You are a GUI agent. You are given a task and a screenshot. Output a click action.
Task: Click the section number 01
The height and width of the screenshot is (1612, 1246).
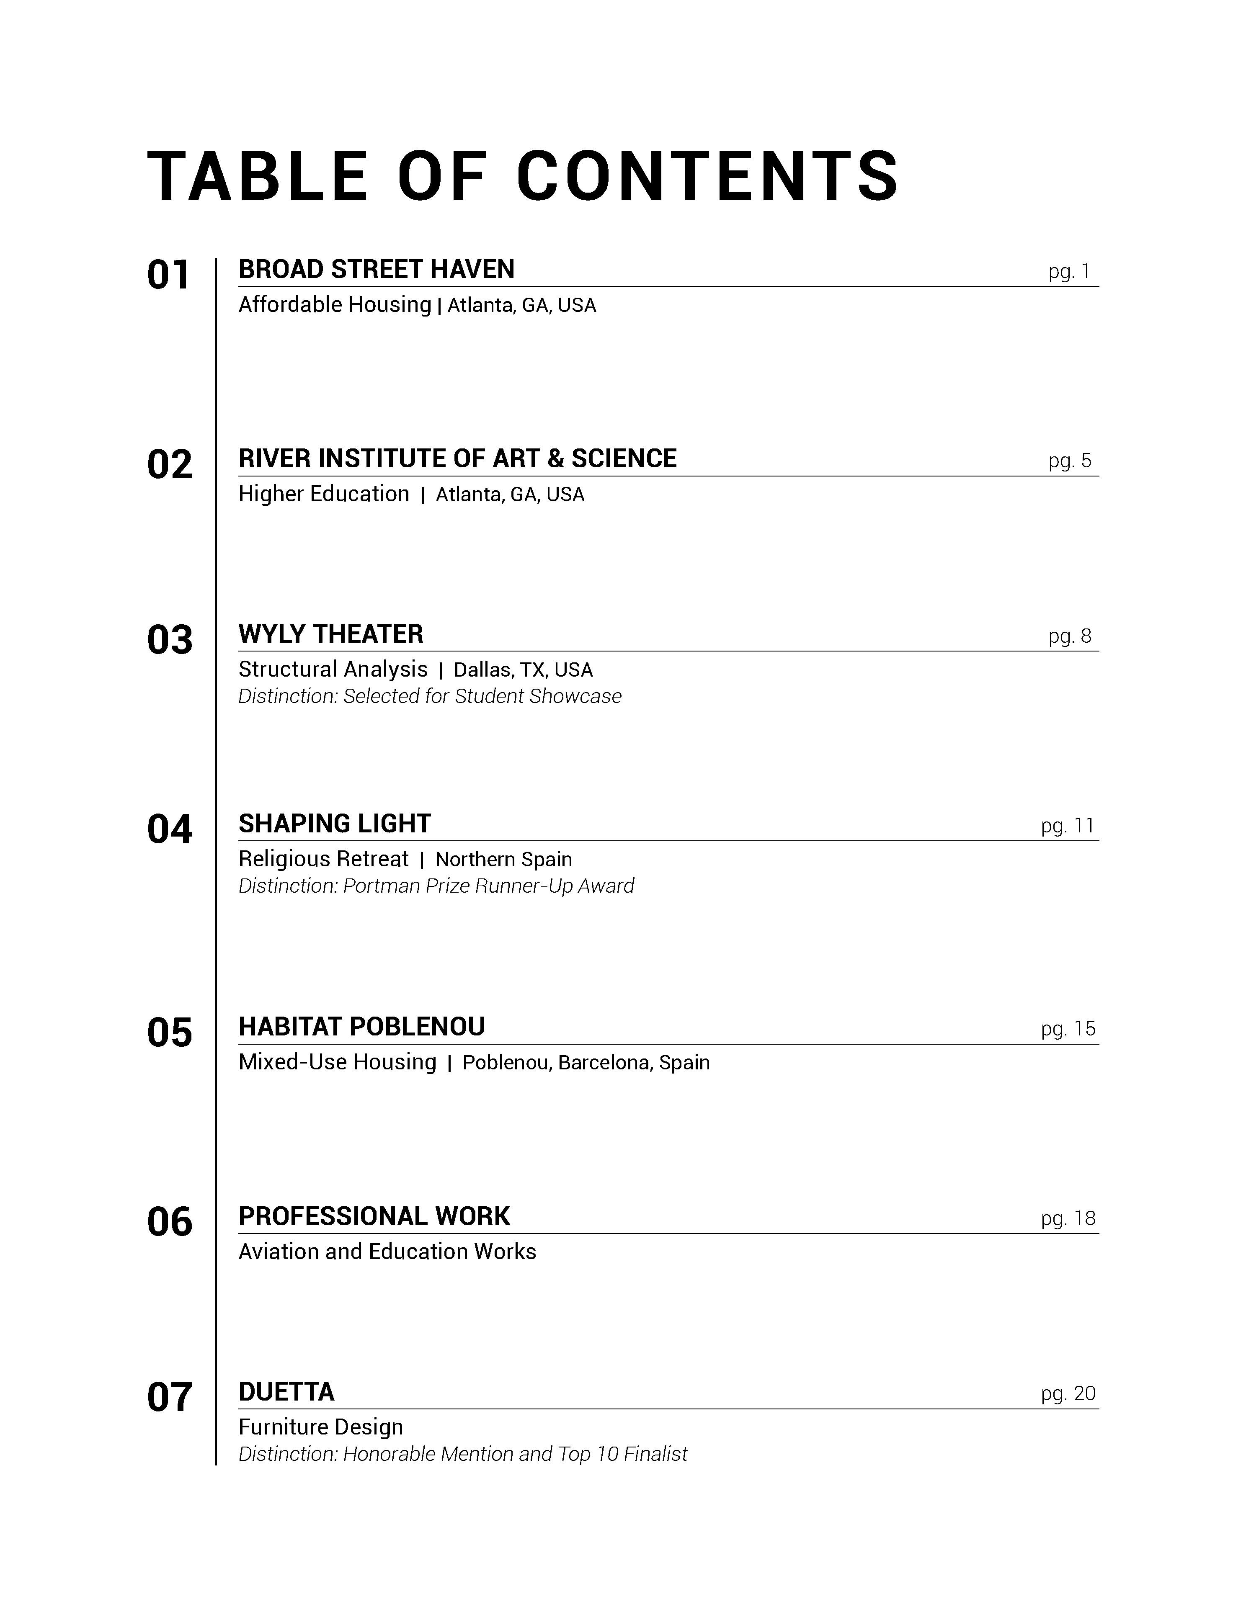click(x=169, y=276)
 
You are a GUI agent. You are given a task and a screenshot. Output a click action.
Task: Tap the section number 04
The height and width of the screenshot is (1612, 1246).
click(x=169, y=829)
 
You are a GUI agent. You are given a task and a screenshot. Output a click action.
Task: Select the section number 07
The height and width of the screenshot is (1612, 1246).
click(x=169, y=1398)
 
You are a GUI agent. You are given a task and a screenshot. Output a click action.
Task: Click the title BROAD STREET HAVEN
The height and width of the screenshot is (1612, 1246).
click(x=377, y=269)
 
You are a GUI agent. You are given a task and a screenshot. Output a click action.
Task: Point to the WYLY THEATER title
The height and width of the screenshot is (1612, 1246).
click(x=331, y=634)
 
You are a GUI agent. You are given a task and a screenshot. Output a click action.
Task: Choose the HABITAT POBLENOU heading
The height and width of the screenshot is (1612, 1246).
click(x=362, y=1027)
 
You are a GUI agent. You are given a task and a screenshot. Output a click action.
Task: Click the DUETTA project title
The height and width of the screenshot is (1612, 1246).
click(x=286, y=1392)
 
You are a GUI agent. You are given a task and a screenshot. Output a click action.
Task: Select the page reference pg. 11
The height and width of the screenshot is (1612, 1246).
click(x=1067, y=826)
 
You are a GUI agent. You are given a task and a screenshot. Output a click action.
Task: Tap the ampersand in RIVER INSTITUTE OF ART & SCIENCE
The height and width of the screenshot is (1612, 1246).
click(x=555, y=459)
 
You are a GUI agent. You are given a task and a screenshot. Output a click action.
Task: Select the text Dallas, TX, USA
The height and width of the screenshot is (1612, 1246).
click(x=523, y=670)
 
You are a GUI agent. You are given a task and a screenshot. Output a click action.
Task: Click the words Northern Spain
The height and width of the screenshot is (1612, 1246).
click(x=503, y=860)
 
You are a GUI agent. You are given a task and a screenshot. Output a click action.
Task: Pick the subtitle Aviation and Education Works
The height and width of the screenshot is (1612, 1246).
click(x=387, y=1252)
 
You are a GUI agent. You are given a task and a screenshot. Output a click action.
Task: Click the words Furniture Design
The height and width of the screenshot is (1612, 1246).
click(x=320, y=1427)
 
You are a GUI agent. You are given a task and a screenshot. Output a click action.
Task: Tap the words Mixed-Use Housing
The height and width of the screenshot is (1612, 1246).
click(x=337, y=1063)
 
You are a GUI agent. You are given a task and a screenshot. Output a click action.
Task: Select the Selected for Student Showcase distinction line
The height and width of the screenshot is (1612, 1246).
click(x=430, y=696)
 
